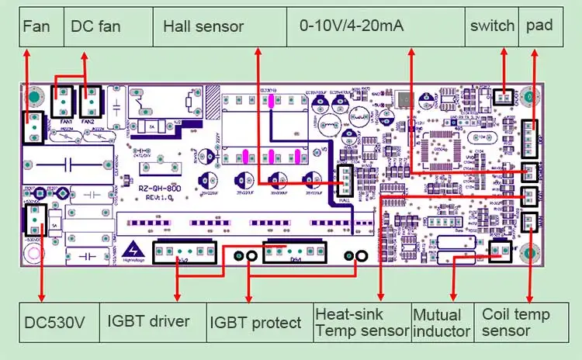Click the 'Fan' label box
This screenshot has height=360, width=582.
pyautogui.click(x=37, y=26)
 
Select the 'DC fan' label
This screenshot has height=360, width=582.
pyautogui.click(x=96, y=26)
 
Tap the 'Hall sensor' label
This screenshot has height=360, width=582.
pyautogui.click(x=203, y=26)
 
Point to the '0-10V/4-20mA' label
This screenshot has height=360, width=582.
pyautogui.click(x=352, y=26)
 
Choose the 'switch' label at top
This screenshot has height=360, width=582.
pyautogui.click(x=492, y=26)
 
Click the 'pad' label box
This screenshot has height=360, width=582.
pyautogui.click(x=539, y=26)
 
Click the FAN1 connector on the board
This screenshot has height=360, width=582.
pyautogui.click(x=63, y=102)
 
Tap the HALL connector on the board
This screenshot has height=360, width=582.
pyautogui.click(x=344, y=183)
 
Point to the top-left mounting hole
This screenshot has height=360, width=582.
pyautogui.click(x=34, y=98)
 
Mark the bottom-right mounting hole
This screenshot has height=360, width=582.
pyautogui.click(x=529, y=252)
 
